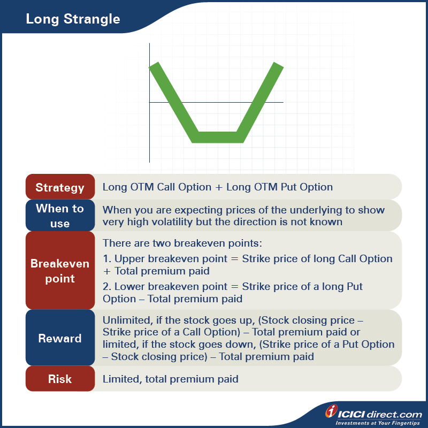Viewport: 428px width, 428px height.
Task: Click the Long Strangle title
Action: (x=73, y=20)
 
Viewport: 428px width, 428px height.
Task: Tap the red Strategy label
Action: (x=60, y=187)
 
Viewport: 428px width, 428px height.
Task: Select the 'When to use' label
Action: (x=60, y=216)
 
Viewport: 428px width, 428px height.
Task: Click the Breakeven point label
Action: (x=60, y=271)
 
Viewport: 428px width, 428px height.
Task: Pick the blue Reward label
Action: (x=60, y=338)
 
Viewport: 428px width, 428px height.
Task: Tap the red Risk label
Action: (x=60, y=379)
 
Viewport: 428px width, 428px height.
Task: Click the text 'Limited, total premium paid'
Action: (x=170, y=379)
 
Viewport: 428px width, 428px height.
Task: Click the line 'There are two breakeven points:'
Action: (x=182, y=243)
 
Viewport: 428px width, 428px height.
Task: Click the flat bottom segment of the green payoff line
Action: (x=218, y=137)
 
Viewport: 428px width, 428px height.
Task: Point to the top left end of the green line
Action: (x=154, y=66)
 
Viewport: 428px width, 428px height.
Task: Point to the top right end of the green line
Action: (x=278, y=66)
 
